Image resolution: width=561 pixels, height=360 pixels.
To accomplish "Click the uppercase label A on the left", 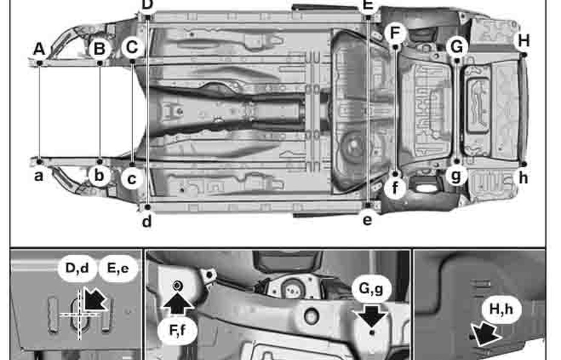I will pos(40,48).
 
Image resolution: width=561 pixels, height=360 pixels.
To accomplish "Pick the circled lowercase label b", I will pos(99,176).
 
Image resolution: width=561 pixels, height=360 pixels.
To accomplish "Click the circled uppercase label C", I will pos(132,48).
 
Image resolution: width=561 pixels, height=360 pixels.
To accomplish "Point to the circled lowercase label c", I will pos(132,179).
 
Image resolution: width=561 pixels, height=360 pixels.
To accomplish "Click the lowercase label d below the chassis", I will pos(146,221).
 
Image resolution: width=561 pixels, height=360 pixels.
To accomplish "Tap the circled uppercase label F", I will pos(396,32).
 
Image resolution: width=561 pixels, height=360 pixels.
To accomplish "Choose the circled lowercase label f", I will pos(396,188).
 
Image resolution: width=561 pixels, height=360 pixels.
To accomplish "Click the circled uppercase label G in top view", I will pos(457,46).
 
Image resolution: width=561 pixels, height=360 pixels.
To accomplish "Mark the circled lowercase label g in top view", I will pos(456,176).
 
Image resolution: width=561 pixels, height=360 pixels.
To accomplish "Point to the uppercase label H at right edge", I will pos(523,41).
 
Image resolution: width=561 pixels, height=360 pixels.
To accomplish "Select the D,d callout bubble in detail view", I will pos(77,268).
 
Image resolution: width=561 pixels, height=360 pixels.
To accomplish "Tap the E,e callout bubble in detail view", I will pos(118,268).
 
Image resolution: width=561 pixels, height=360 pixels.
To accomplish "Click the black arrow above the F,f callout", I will pos(178,303).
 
